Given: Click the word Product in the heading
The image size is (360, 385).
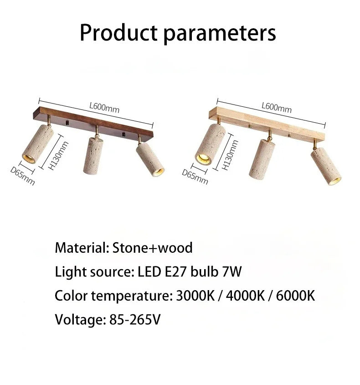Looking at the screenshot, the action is coord(118,32).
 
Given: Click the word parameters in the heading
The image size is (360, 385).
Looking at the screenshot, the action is coord(220,34).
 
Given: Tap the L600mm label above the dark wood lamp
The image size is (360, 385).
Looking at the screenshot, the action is coord(104,108).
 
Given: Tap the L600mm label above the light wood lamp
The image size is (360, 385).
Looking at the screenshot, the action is coord(277,108).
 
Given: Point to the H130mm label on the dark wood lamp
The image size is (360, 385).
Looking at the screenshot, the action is coord(58,156).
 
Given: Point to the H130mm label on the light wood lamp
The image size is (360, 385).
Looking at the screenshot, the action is coord(230,155).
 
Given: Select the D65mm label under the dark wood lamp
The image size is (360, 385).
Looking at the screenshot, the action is coord(23,176).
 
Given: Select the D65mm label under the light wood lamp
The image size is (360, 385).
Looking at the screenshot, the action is coord(195,177).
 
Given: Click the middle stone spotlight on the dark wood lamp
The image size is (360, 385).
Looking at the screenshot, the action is coord(93,156).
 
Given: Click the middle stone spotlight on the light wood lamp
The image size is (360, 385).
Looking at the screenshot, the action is coord(262,159).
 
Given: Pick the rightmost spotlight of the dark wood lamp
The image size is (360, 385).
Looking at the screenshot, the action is coord(150,159).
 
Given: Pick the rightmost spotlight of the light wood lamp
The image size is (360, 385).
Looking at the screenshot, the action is coord(326,166).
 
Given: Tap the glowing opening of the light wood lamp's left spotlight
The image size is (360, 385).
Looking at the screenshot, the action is coord(203,159).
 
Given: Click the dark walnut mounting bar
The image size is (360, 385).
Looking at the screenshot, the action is coord(93,124).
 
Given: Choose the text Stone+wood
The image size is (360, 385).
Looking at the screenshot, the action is coord(152,248).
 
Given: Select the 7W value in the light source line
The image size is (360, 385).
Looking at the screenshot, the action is coord(232,271).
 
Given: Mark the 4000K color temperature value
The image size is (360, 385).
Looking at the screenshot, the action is coord(245,296).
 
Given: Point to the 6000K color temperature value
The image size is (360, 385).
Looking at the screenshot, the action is coord(295,296).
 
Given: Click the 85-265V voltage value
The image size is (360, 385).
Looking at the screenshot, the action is coord(134,320).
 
